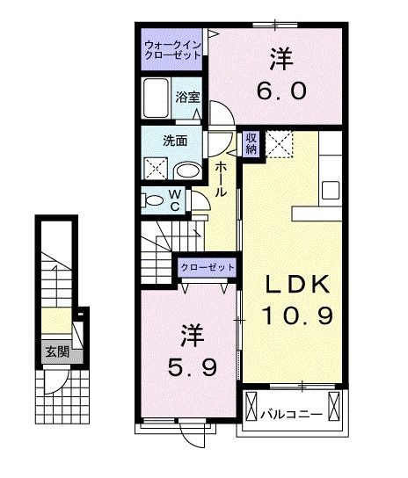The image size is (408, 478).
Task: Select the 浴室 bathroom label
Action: point(188,98)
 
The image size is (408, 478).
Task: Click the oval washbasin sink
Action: point(186,170)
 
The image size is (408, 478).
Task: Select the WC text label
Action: point(175,200)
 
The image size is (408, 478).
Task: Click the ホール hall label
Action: point(220,177)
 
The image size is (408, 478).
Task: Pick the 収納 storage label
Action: point(251,143)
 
